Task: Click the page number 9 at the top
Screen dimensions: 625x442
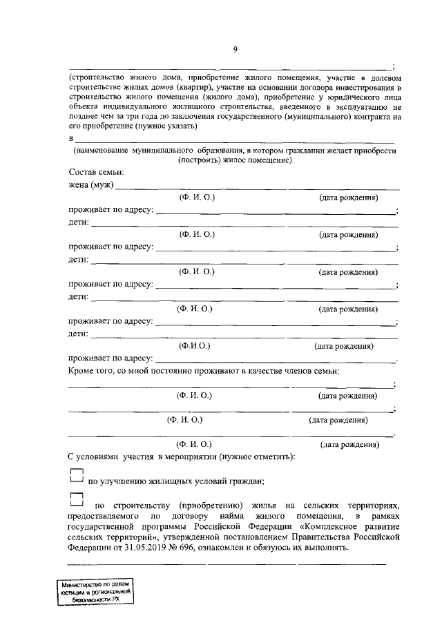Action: (235, 49)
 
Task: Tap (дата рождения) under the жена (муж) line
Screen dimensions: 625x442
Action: (348, 198)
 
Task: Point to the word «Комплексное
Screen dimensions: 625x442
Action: (333, 527)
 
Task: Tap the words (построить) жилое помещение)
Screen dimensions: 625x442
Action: (235, 160)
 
